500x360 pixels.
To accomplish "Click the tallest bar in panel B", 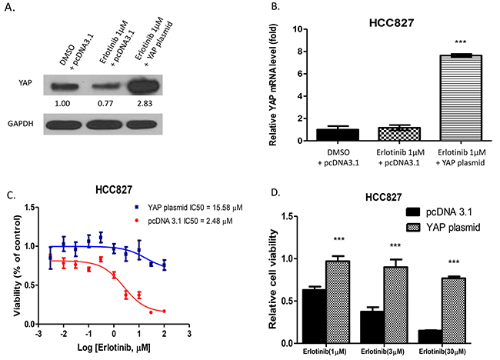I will pos(438,98).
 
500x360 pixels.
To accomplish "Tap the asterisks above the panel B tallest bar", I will pos(438,43).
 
